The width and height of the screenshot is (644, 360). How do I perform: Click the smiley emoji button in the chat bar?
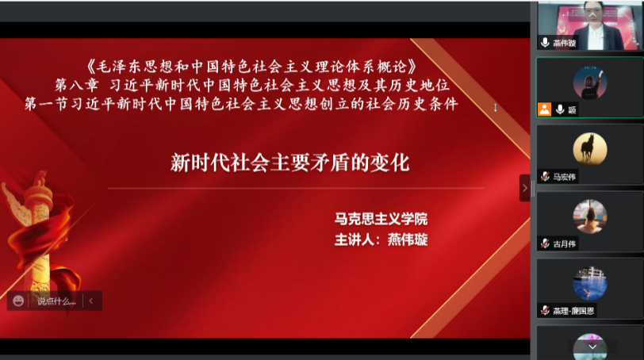click(18, 301)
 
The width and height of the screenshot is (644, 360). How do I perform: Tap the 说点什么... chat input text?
click(56, 301)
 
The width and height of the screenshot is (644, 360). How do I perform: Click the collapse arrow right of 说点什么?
click(91, 301)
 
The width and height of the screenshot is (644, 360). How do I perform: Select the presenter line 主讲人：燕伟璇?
click(381, 239)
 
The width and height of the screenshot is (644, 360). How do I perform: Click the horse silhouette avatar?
click(589, 147)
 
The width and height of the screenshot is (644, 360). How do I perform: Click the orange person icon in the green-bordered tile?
click(544, 109)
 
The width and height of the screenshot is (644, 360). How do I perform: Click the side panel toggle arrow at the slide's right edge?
click(523, 188)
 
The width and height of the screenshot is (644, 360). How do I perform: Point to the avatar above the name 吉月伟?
click(589, 215)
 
